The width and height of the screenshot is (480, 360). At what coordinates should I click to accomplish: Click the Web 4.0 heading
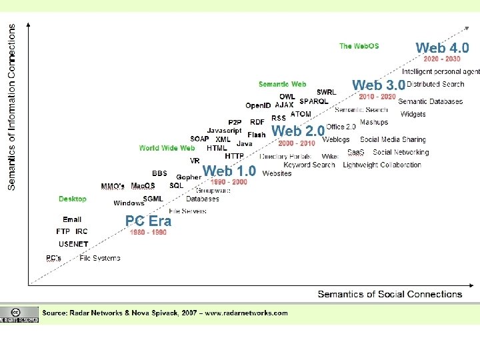pyautogui.click(x=442, y=48)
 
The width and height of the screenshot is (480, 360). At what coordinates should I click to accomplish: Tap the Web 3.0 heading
pyautogui.click(x=378, y=85)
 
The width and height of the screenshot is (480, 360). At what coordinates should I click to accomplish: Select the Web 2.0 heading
pyautogui.click(x=297, y=131)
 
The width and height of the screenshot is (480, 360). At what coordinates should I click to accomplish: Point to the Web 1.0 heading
pyautogui.click(x=229, y=171)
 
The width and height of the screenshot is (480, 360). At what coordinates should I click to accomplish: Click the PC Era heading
pyautogui.click(x=148, y=221)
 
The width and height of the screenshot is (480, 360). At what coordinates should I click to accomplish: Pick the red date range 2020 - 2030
pyautogui.click(x=442, y=59)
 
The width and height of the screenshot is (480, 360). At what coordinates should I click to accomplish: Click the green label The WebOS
pyautogui.click(x=359, y=46)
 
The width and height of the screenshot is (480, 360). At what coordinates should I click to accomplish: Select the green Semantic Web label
pyautogui.click(x=282, y=84)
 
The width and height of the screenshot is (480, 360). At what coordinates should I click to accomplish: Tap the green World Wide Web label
pyautogui.click(x=167, y=148)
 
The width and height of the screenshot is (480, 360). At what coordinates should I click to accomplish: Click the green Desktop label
pyautogui.click(x=72, y=199)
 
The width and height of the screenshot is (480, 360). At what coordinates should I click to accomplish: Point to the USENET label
pyautogui.click(x=73, y=244)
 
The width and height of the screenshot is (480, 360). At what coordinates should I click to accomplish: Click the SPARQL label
pyautogui.click(x=313, y=101)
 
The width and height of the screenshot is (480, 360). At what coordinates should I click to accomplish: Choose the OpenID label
pyautogui.click(x=258, y=105)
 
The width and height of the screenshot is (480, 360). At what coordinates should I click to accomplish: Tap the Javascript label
pyautogui.click(x=224, y=131)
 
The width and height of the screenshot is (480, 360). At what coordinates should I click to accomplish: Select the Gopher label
pyautogui.click(x=189, y=177)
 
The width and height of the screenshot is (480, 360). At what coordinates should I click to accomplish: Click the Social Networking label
pyautogui.click(x=401, y=152)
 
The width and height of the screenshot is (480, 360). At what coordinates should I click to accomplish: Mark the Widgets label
pyautogui.click(x=413, y=114)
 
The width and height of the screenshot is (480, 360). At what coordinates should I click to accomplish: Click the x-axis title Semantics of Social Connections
pyautogui.click(x=389, y=294)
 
